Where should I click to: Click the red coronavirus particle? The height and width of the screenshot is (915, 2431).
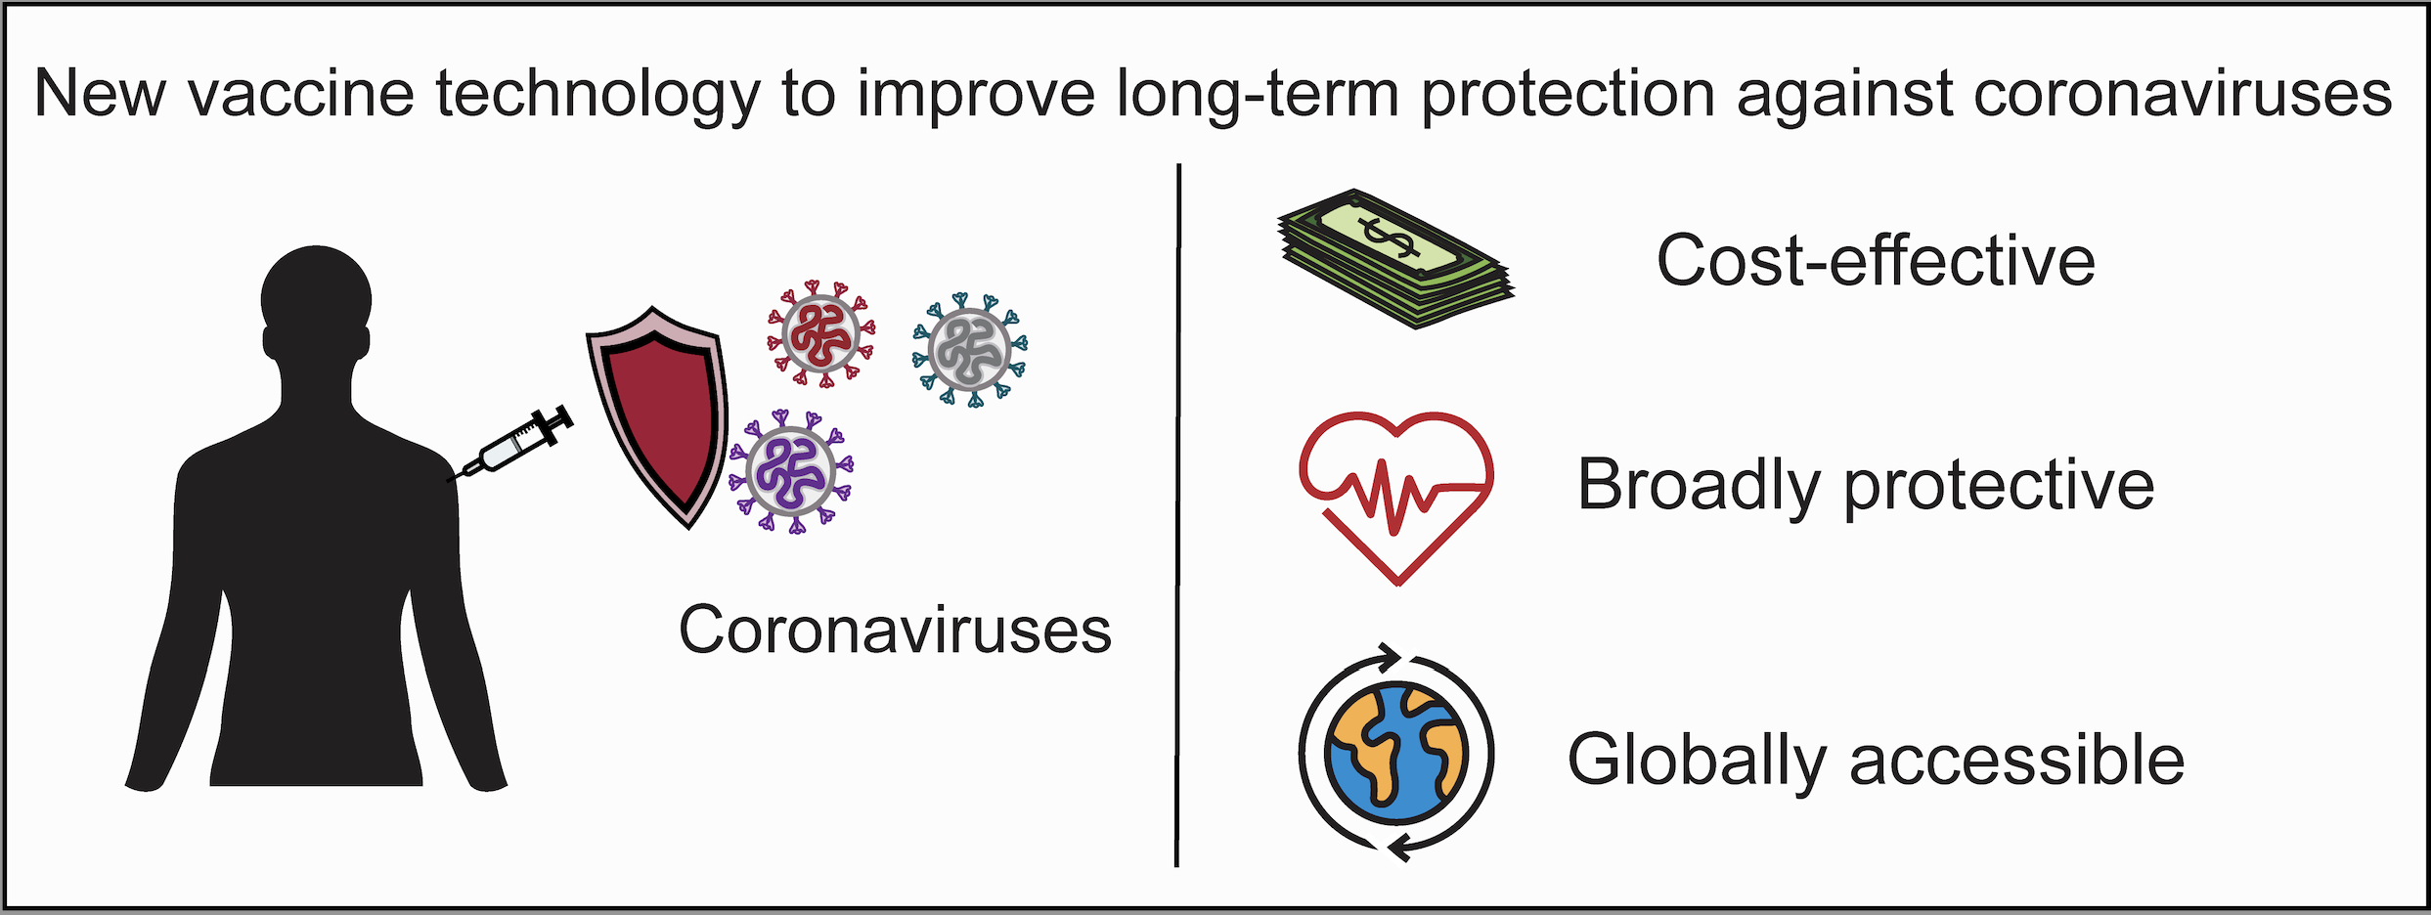(x=820, y=334)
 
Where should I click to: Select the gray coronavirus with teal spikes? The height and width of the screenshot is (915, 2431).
(x=970, y=350)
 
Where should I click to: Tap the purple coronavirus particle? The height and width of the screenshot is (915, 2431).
(x=791, y=472)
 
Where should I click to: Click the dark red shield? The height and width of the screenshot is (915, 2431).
(x=657, y=418)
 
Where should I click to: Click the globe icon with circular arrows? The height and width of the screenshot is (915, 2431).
(x=1396, y=753)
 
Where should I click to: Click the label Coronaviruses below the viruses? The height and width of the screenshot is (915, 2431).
(x=895, y=630)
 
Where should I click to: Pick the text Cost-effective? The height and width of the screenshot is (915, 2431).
(x=1876, y=261)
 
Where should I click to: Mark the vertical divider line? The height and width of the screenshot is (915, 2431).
(x=1178, y=515)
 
